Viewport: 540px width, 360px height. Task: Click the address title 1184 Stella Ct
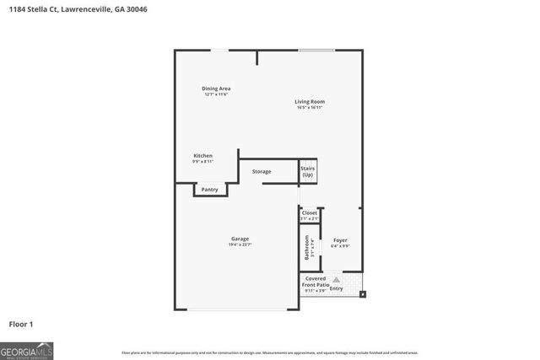[68, 9]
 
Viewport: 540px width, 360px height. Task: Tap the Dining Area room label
[216, 89]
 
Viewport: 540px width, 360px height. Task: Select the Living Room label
[310, 102]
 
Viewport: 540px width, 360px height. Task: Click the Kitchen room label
[202, 156]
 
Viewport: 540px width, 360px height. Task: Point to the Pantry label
[209, 190]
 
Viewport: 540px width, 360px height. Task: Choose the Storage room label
[262, 172]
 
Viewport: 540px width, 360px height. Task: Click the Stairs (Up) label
[307, 171]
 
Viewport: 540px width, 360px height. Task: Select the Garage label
[240, 239]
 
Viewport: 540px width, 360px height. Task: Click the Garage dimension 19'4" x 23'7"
[240, 244]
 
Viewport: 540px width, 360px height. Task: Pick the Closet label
[309, 213]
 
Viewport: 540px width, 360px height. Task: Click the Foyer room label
[339, 240]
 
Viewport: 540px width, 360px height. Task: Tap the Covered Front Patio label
[316, 282]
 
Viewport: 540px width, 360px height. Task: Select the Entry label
[337, 288]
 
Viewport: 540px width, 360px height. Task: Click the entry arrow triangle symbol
[336, 279]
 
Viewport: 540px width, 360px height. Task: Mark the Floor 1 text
[21, 324]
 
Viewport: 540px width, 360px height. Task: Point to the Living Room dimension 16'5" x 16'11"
[310, 108]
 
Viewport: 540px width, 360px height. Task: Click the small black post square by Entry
[363, 294]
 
